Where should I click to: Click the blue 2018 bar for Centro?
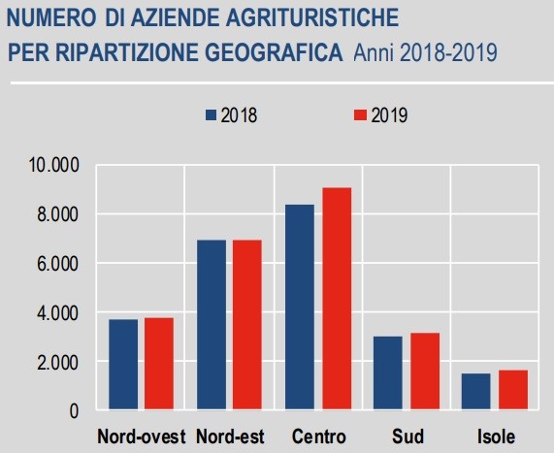click(x=300, y=307)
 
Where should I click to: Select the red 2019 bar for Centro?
click(x=337, y=299)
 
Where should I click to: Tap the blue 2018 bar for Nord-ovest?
click(x=123, y=365)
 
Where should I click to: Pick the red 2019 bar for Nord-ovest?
click(x=159, y=364)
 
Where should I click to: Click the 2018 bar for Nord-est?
click(x=212, y=325)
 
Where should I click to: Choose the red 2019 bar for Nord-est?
click(x=247, y=325)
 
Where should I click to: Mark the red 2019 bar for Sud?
click(x=425, y=372)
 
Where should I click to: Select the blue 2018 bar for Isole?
click(x=476, y=392)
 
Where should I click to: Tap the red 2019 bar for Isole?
click(x=513, y=390)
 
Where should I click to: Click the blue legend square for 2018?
click(x=212, y=115)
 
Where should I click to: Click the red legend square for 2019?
click(x=358, y=115)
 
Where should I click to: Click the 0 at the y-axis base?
click(x=74, y=411)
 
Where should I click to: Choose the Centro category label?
click(x=318, y=436)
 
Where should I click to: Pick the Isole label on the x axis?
click(x=495, y=436)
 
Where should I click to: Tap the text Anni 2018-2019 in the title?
click(x=425, y=51)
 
